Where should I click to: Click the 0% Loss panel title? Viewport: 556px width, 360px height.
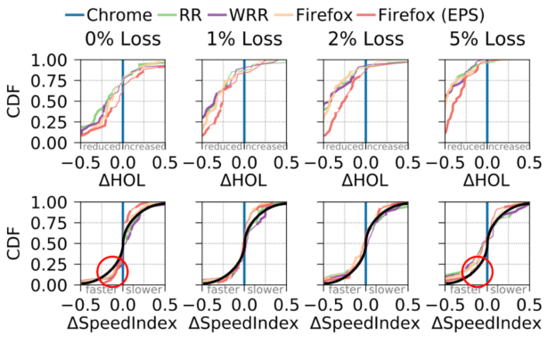click(122, 39)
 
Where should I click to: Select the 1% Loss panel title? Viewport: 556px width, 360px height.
click(243, 39)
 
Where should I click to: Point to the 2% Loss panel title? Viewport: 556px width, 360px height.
click(365, 39)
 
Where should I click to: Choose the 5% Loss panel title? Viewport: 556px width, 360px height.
click(487, 39)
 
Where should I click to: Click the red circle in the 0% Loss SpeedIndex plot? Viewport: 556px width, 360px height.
click(112, 271)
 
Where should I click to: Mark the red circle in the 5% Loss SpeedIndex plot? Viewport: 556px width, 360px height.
click(478, 271)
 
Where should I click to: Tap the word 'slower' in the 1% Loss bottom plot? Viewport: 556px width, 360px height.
click(263, 290)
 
